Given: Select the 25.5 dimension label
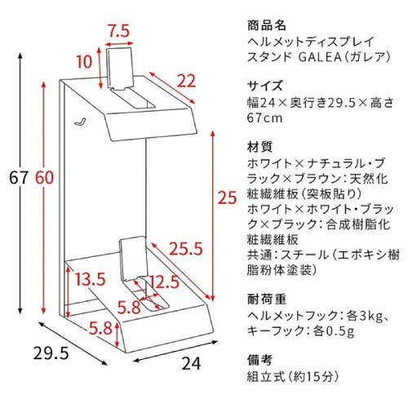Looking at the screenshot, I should pos(187,249).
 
